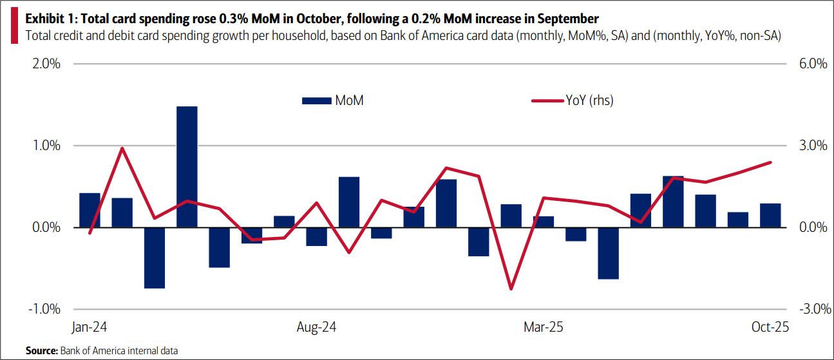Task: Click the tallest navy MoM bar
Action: point(187,167)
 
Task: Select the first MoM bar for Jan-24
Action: point(90,210)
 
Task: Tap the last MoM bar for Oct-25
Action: point(770,215)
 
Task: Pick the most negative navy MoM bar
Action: point(155,258)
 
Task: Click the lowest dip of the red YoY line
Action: point(511,289)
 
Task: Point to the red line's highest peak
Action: point(122,148)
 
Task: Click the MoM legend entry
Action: point(333,100)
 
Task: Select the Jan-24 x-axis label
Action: point(89,327)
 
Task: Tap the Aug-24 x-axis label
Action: point(316,327)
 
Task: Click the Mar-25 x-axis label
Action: point(544,327)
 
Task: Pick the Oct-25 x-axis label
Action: point(770,327)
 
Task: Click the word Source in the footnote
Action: point(41,350)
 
